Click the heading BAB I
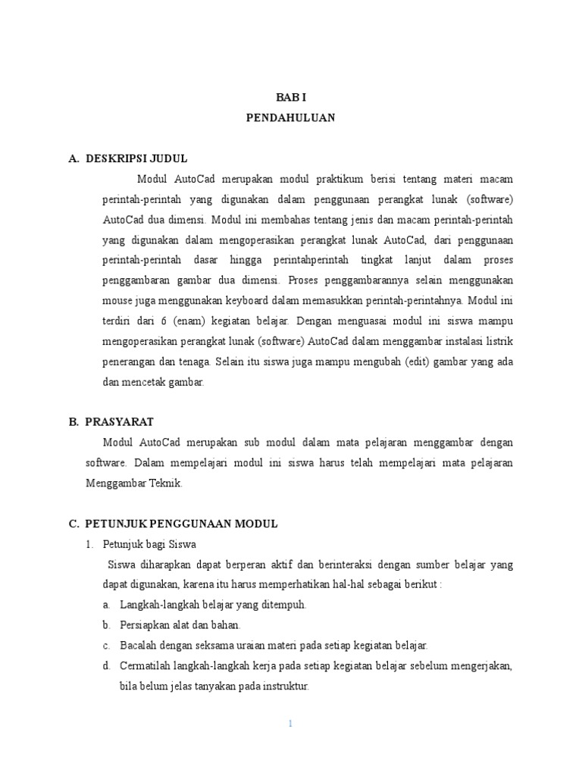coord(291,98)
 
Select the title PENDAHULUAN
coord(291,118)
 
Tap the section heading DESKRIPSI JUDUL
coord(136,158)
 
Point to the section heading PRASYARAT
coord(119,421)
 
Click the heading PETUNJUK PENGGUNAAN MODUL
coord(181,524)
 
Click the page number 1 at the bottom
coord(291,724)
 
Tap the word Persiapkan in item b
coord(142,625)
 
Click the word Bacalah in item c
coord(137,646)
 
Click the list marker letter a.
coord(105,605)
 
